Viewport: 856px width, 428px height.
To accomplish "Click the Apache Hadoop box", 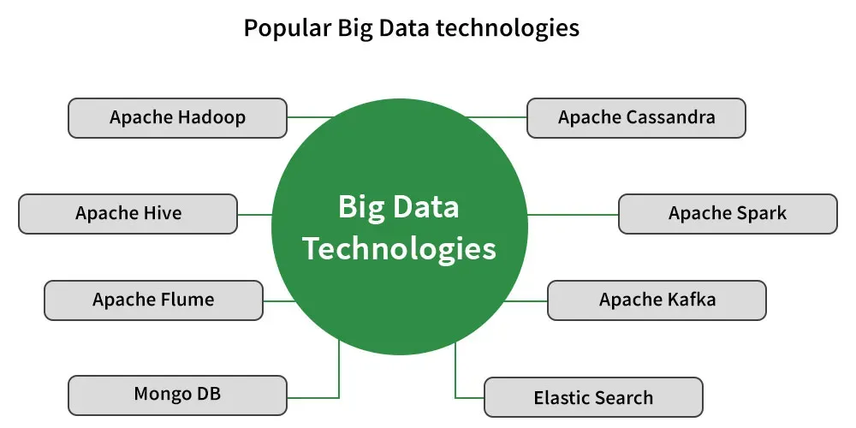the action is pos(177,118).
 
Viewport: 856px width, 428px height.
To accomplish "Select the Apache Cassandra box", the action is pos(636,118).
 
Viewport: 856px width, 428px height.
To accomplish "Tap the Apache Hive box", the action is pos(128,214).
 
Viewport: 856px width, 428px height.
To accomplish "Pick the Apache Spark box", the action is pos(728,214).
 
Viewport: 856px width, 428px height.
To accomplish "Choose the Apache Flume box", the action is pos(153,300).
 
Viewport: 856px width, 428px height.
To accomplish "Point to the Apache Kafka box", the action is pos(657,300).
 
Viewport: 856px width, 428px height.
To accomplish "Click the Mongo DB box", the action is pos(177,395).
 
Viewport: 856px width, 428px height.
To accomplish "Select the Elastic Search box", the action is pos(593,397).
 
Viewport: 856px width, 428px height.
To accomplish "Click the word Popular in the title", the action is pos(287,28).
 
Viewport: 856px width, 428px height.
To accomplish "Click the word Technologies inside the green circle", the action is pos(400,249).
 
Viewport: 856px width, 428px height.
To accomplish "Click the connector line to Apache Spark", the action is pos(574,215).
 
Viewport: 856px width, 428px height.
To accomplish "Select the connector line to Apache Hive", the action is pos(255,215).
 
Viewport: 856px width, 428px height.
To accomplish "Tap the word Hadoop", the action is pos(211,117).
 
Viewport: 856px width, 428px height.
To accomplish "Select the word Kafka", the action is pos(691,299).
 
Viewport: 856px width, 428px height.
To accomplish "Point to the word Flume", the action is pos(187,299).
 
